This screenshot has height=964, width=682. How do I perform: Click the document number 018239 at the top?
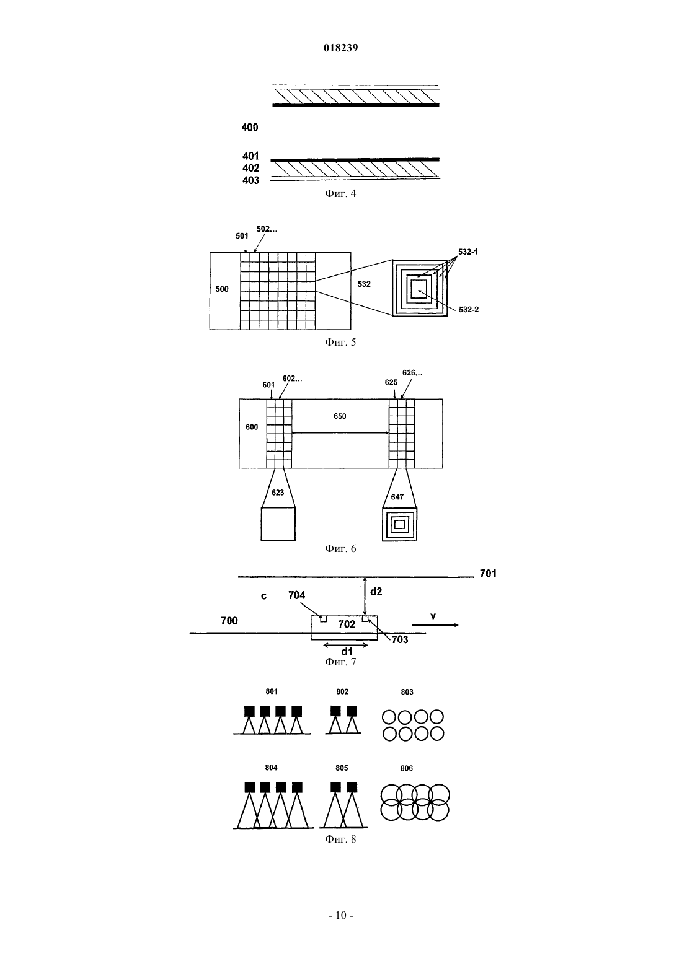coord(340,48)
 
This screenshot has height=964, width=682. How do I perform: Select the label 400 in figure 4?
coord(250,128)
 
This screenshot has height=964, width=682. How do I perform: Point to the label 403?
coord(250,180)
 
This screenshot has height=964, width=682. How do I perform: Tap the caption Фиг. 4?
coord(340,194)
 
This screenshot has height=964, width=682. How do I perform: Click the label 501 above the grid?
coord(242,236)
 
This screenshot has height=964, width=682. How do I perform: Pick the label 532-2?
coord(469,309)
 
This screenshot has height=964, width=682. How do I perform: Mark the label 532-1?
coord(468,252)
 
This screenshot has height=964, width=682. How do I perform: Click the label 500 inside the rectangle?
coord(222,289)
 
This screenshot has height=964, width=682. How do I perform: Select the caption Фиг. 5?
coord(340,343)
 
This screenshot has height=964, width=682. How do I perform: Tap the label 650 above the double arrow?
coord(340,416)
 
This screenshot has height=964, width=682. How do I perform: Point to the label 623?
coord(278,493)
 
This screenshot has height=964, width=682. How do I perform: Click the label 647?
coord(397,497)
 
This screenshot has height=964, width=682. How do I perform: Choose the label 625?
coord(391,383)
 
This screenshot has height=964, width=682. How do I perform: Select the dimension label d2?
coord(376,592)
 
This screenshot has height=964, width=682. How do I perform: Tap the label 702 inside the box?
coord(347,624)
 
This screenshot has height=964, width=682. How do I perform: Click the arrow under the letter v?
coord(435,625)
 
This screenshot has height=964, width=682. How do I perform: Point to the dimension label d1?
coord(347,652)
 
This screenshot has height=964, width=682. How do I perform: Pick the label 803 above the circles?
coord(407,692)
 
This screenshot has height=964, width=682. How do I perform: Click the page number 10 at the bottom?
coord(340,915)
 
